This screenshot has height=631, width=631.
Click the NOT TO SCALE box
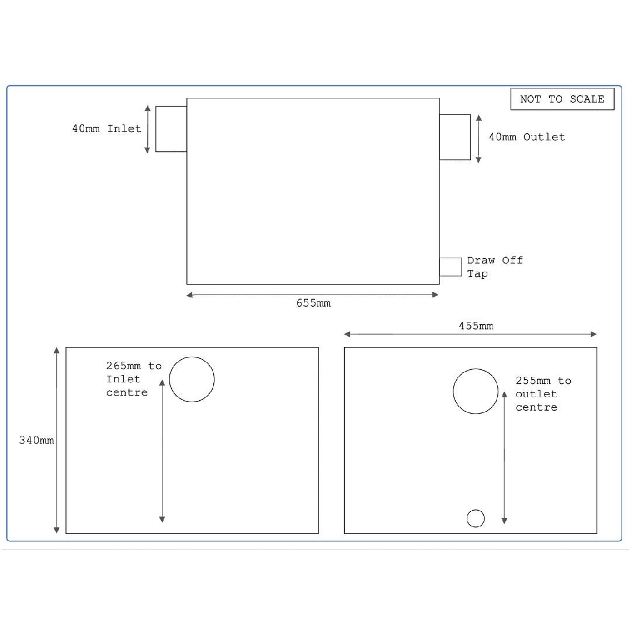tap(562, 99)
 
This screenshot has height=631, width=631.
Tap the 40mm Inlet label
tap(107, 129)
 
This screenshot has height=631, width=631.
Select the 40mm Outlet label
tap(527, 137)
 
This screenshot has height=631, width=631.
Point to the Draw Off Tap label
tap(494, 267)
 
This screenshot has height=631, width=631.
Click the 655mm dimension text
tap(313, 303)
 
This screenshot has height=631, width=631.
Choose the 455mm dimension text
tap(475, 326)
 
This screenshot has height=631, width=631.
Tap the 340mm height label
tap(36, 441)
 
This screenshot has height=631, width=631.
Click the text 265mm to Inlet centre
tap(133, 379)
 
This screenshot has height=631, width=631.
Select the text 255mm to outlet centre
tap(543, 394)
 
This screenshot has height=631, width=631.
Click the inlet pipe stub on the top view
tap(171, 129)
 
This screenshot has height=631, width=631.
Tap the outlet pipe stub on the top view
tap(455, 137)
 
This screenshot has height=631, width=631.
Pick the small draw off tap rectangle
tap(450, 266)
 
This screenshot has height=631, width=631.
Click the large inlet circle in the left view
tap(192, 379)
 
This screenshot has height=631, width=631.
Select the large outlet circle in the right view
tap(476, 391)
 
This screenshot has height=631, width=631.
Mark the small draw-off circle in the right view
tap(476, 518)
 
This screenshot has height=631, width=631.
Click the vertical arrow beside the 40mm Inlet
tap(147, 129)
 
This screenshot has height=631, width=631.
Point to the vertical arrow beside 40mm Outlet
tap(479, 138)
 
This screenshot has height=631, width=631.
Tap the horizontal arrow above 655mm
tap(313, 295)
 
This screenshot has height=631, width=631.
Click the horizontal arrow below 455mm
tap(470, 334)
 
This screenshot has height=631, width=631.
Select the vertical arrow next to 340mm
tap(57, 440)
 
